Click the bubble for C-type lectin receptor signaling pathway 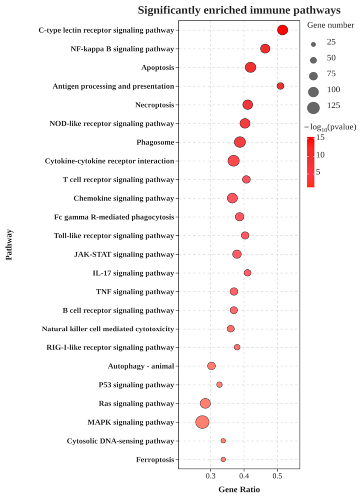(x=283, y=30)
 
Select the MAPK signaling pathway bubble (x=202, y=422)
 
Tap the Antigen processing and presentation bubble (x=280, y=86)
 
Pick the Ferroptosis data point (x=223, y=459)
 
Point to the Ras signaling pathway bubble (x=205, y=403)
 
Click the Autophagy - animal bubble (x=211, y=366)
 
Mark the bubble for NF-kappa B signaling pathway (x=265, y=49)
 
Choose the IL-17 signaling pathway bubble (x=247, y=273)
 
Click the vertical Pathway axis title (x=9, y=245)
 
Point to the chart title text (x=239, y=10)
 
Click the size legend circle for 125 (x=313, y=108)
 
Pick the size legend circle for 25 (x=313, y=44)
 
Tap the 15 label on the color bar (x=320, y=138)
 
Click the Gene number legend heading (x=330, y=25)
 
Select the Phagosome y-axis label (x=155, y=142)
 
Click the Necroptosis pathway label (x=155, y=105)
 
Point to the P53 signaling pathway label (x=136, y=385)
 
